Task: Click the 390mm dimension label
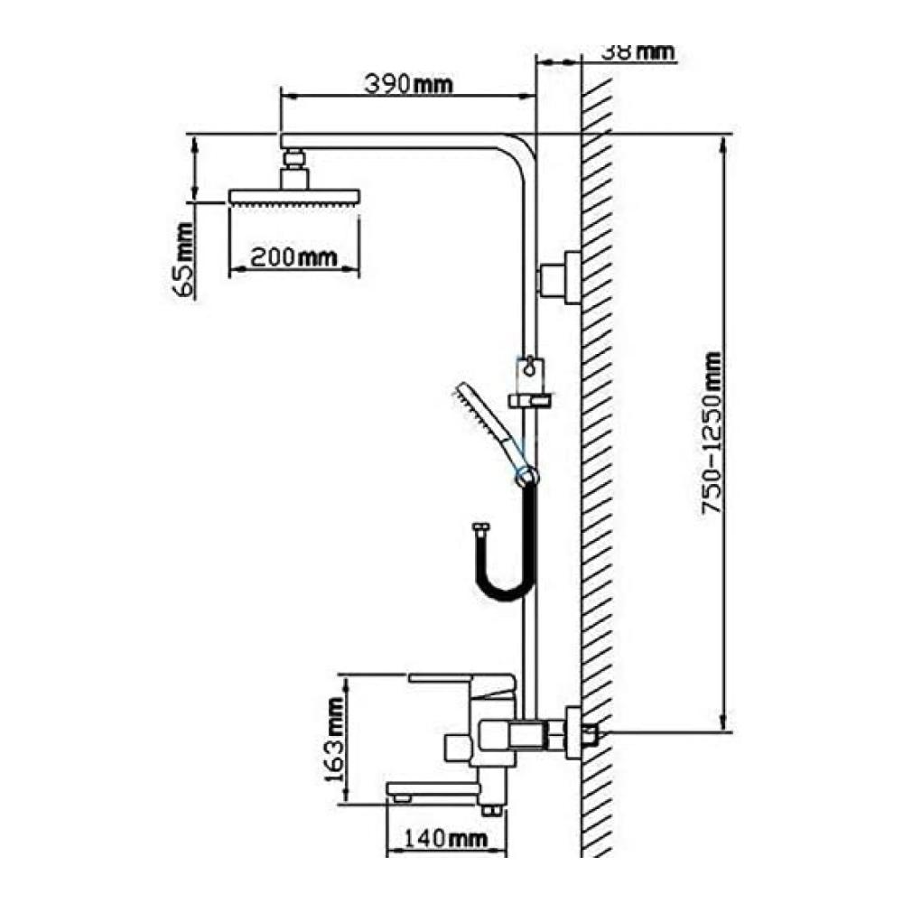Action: [408, 84]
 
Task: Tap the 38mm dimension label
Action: [638, 51]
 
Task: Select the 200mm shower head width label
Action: [293, 256]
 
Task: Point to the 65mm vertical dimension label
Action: [184, 260]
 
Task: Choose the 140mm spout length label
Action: [444, 839]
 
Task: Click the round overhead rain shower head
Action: [294, 197]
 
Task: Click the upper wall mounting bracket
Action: [561, 277]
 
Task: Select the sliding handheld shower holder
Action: [530, 383]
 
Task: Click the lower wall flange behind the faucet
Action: [573, 732]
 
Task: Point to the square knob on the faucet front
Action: [457, 748]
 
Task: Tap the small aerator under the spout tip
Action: [402, 799]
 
